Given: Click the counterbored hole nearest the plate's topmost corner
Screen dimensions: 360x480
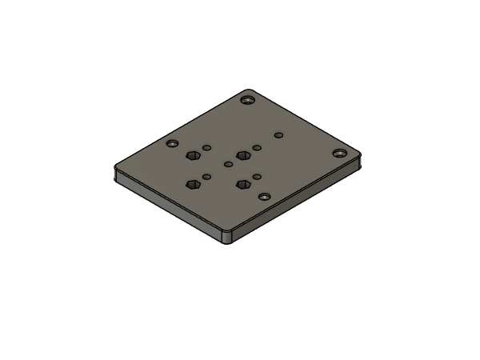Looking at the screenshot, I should pyautogui.click(x=248, y=101).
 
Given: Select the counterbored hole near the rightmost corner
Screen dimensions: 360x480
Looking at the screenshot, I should pyautogui.click(x=341, y=152).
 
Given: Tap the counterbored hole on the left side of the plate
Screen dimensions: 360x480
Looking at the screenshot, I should pyautogui.click(x=173, y=144).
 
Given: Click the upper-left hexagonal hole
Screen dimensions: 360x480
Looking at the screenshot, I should pyautogui.click(x=192, y=156).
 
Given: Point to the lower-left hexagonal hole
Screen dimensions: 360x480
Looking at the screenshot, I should pyautogui.click(x=192, y=185).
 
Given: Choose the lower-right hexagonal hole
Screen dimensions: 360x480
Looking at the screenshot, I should pyautogui.click(x=242, y=184).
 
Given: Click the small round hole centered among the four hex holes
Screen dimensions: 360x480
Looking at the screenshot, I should pyautogui.click(x=228, y=165).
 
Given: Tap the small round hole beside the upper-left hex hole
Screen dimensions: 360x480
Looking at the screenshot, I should pyautogui.click(x=206, y=148).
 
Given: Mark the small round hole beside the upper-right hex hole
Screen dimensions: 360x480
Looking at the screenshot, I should pyautogui.click(x=256, y=148).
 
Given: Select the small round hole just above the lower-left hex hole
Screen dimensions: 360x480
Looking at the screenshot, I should pyautogui.click(x=206, y=176).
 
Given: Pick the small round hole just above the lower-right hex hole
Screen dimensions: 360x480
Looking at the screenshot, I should pyautogui.click(x=257, y=176).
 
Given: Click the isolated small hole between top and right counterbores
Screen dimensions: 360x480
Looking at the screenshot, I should pyautogui.click(x=278, y=135).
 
